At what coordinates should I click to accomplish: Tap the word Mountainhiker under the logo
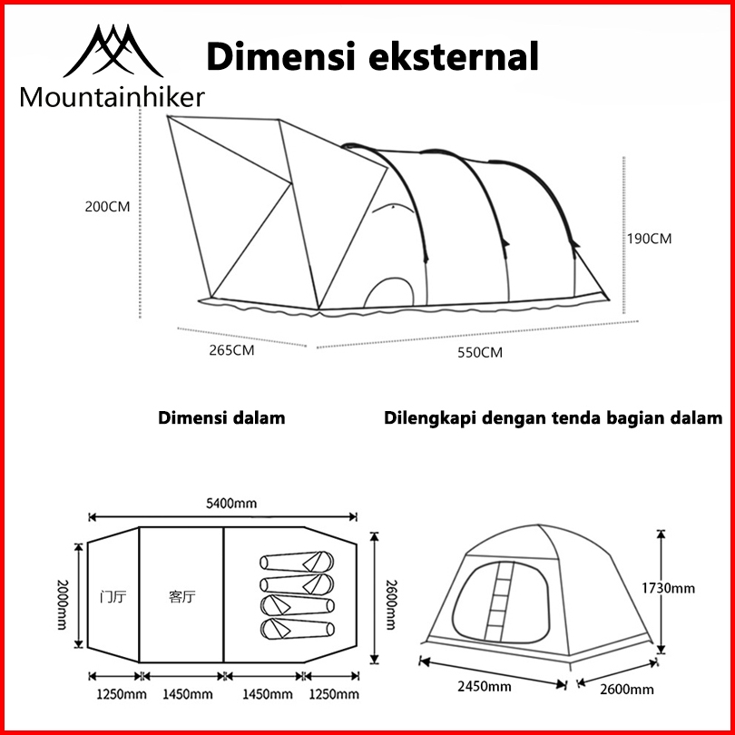112,98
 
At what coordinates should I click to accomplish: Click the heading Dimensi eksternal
373,55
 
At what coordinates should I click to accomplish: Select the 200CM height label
107,206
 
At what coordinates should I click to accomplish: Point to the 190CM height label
649,239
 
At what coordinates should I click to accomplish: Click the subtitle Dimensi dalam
221,418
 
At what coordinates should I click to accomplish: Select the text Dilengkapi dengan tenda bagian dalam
554,418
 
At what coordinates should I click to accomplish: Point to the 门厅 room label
112,597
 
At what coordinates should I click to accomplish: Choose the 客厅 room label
182,597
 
